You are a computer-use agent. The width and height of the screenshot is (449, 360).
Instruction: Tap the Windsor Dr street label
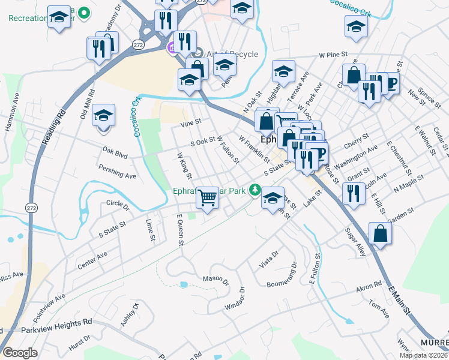pos(235,299)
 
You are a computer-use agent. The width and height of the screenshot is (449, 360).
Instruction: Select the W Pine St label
pos(334,55)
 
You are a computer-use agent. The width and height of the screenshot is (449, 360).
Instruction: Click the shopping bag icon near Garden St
pos(381,233)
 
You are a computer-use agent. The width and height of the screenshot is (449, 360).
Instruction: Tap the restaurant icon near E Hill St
pos(353,193)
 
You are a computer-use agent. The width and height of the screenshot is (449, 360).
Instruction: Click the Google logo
pos(20,353)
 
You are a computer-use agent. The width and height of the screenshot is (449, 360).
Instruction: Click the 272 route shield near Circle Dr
pos(32,207)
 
